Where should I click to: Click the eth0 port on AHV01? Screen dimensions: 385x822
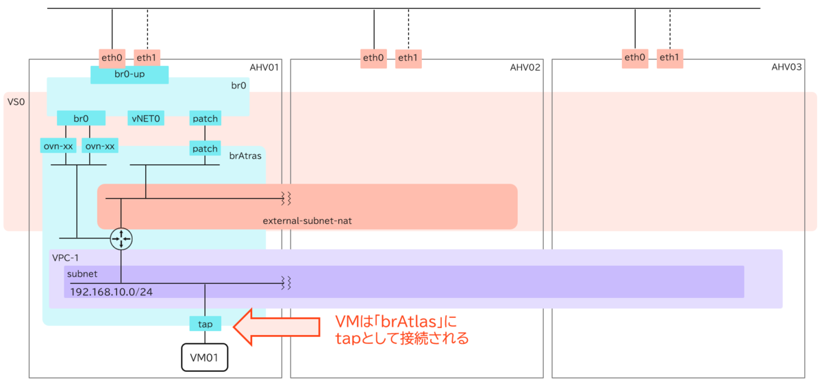point(112,58)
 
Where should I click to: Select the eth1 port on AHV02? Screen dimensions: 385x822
point(408,58)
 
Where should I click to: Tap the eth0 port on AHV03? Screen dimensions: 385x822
point(635,58)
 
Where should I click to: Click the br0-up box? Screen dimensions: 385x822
point(129,75)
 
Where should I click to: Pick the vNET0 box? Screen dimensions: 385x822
point(145,119)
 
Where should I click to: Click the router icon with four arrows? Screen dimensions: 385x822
point(121,238)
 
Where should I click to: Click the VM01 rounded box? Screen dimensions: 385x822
point(204,357)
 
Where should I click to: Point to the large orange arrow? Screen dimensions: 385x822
point(277,327)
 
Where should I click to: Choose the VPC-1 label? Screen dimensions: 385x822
point(66,258)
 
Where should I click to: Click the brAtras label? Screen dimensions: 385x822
point(245,156)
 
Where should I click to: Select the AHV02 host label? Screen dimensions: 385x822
point(525,67)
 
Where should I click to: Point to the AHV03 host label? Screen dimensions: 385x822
point(787,67)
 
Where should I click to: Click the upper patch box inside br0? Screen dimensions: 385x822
point(205,119)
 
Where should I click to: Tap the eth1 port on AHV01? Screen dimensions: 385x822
point(147,58)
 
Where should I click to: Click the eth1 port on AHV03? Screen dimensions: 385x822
point(669,58)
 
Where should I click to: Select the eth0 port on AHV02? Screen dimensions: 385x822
point(374,58)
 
